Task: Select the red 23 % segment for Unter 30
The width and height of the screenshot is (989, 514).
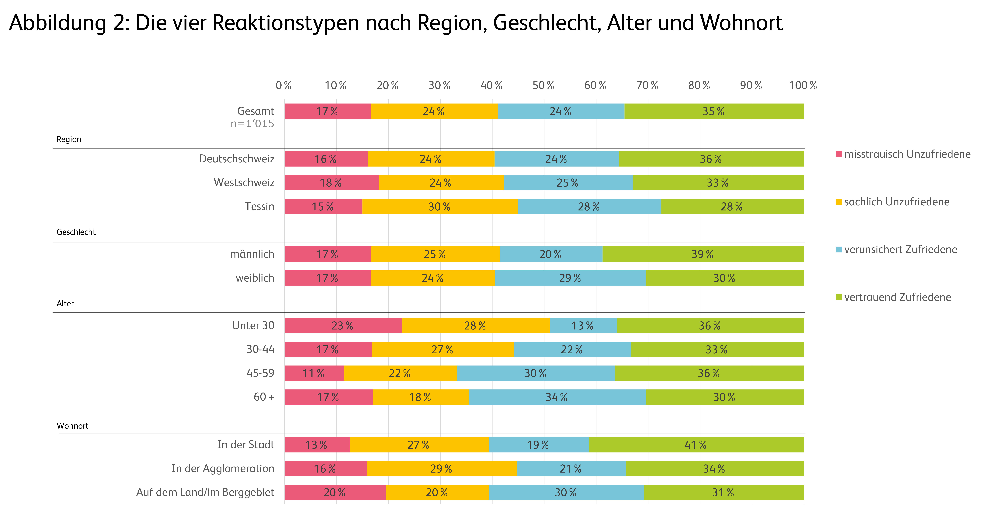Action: (x=343, y=326)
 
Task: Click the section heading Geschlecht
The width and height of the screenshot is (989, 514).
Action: (x=76, y=232)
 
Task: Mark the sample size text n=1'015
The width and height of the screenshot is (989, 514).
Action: (x=252, y=124)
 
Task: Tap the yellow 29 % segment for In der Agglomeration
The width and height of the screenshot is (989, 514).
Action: (x=442, y=469)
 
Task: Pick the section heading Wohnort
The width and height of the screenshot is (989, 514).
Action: (x=73, y=426)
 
